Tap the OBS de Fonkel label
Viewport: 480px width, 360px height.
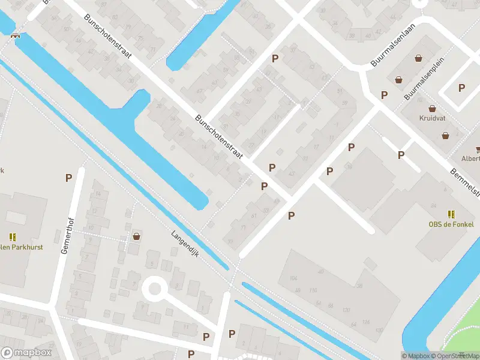(x=451, y=224)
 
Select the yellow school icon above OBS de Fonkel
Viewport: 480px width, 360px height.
(x=451, y=214)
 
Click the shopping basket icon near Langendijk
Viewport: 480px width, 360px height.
(x=137, y=236)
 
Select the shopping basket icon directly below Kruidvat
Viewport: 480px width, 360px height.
(x=446, y=136)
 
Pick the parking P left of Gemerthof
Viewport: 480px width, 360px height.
(x=68, y=178)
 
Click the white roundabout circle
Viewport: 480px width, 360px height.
(x=155, y=289)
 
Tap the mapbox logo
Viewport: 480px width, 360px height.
(x=26, y=353)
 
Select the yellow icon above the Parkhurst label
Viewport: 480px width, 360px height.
(x=13, y=237)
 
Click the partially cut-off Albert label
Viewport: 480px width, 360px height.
(x=470, y=159)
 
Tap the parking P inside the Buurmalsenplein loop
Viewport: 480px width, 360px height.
(x=461, y=88)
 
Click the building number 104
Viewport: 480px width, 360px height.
(x=293, y=279)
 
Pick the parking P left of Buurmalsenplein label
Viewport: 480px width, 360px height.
(x=384, y=95)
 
